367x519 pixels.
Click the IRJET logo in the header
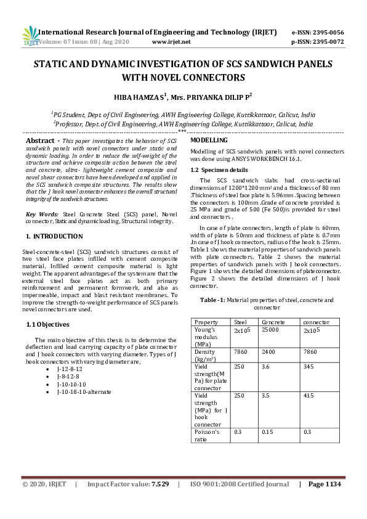pyautogui.click(x=30, y=36)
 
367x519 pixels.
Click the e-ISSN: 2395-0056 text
pyautogui.click(x=317, y=32)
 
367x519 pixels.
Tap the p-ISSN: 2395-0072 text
pyautogui.click(x=317, y=42)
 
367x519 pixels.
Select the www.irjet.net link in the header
pyautogui.click(x=169, y=42)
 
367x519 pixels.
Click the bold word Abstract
pyautogui.click(x=39, y=141)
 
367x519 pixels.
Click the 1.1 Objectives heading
pyautogui.click(x=48, y=324)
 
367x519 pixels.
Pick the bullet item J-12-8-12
pyautogui.click(x=69, y=368)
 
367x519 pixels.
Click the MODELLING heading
pyautogui.click(x=209, y=141)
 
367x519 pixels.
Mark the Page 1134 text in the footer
pyautogui.click(x=324, y=502)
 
